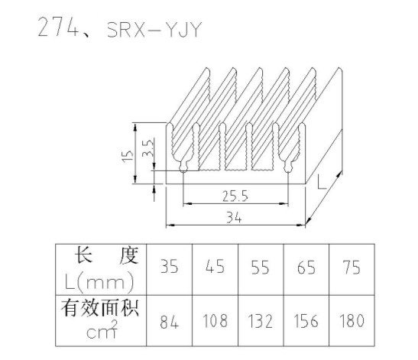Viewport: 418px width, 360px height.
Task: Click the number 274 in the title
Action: [x=58, y=28]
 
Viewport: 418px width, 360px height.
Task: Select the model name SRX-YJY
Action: [x=154, y=30]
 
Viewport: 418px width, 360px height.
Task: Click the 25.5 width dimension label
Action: [x=235, y=196]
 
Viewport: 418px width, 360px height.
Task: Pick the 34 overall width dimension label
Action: [x=234, y=217]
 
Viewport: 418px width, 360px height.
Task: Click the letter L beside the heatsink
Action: [x=322, y=182]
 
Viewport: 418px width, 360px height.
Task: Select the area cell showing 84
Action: [x=170, y=321]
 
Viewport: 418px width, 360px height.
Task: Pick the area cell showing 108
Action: [x=215, y=321]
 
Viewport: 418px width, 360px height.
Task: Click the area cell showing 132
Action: [x=261, y=321]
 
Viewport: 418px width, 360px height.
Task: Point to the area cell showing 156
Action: [x=306, y=321]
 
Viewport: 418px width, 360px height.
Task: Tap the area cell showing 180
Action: [x=352, y=321]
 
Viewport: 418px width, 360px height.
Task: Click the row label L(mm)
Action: [x=99, y=282]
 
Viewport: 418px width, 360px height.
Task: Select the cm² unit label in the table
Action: [x=102, y=330]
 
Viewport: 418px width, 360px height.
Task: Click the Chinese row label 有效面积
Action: [x=100, y=309]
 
